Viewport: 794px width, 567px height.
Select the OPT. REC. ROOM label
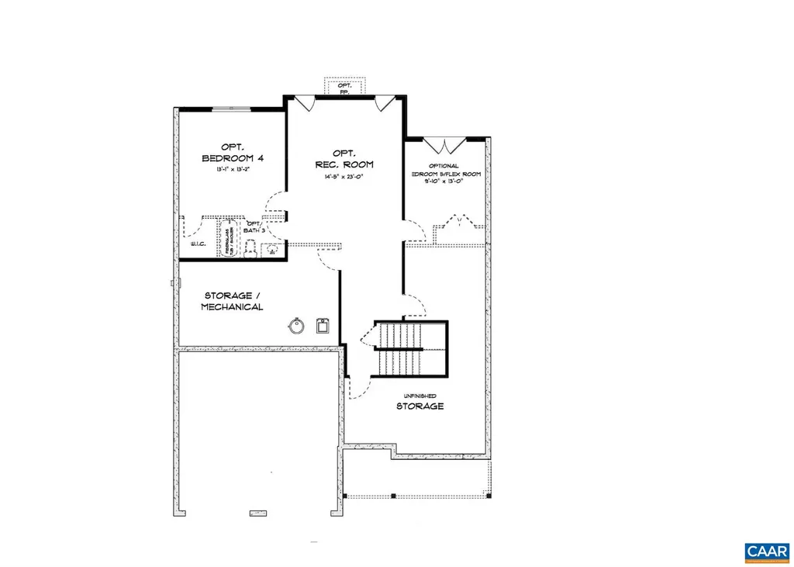coord(343,158)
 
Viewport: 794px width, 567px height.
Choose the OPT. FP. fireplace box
coord(343,86)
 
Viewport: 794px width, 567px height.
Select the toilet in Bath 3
coord(250,248)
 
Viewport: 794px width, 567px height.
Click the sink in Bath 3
coord(272,250)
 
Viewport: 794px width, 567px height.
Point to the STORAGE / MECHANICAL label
coord(233,301)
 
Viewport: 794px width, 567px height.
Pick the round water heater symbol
coord(295,325)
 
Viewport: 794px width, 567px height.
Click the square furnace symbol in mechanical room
coord(324,326)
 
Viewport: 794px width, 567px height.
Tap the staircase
coord(409,348)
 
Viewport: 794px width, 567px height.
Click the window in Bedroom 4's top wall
coord(232,109)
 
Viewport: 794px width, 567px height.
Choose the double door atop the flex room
coord(444,144)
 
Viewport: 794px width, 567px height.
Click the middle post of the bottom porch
coord(392,496)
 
